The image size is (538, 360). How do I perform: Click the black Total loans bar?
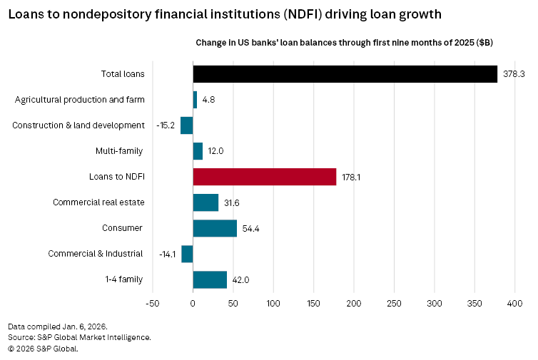tap(345, 74)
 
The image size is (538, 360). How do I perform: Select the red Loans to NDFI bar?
tap(264, 177)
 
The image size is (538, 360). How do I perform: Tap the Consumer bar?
tap(215, 228)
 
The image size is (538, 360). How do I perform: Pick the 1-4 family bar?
tap(210, 279)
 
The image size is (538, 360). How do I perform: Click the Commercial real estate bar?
tap(205, 202)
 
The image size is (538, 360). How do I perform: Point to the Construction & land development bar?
tap(187, 125)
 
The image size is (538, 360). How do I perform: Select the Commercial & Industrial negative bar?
tap(187, 254)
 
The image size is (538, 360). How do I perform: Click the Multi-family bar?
tap(198, 151)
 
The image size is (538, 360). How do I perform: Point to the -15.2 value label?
tap(166, 125)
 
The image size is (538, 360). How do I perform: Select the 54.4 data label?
tap(250, 229)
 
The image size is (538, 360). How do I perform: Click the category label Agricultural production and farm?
tap(79, 100)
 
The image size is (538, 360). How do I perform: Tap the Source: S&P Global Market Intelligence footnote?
tap(79, 337)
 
